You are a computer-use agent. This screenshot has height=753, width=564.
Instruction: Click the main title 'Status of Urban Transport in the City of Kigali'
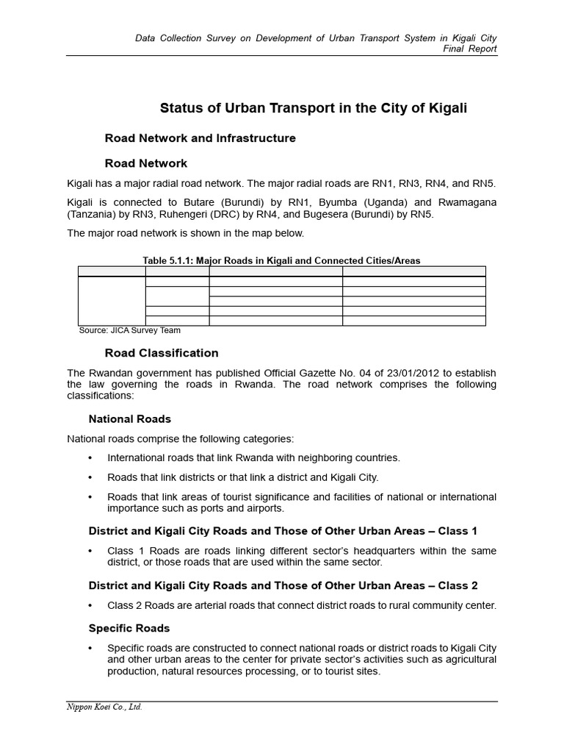(314, 109)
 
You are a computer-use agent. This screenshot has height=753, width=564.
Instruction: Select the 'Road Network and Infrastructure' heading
(200, 138)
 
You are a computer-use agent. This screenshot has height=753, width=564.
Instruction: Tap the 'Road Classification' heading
(162, 353)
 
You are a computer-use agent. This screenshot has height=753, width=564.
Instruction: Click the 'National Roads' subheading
(130, 419)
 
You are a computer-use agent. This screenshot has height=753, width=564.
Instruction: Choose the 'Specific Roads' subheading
(129, 629)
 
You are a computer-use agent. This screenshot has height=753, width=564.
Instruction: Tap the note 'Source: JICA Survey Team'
(129, 330)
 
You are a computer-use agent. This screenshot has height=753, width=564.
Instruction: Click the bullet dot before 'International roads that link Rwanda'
(90, 458)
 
